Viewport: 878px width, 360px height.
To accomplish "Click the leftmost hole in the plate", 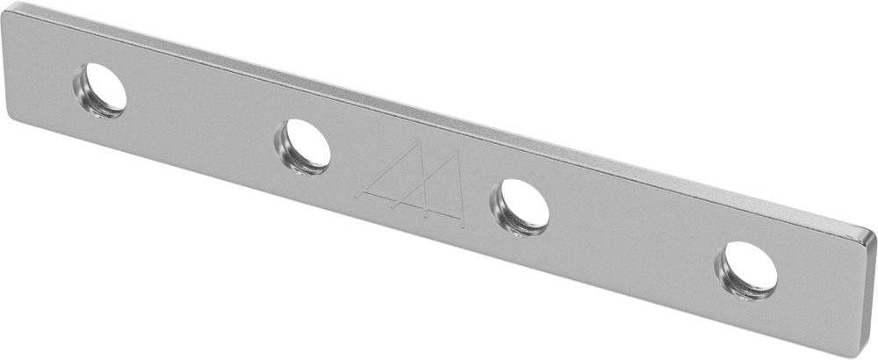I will coord(100,90).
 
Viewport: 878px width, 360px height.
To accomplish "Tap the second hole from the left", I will coord(303,146).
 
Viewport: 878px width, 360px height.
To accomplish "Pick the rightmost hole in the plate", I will coord(746,269).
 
